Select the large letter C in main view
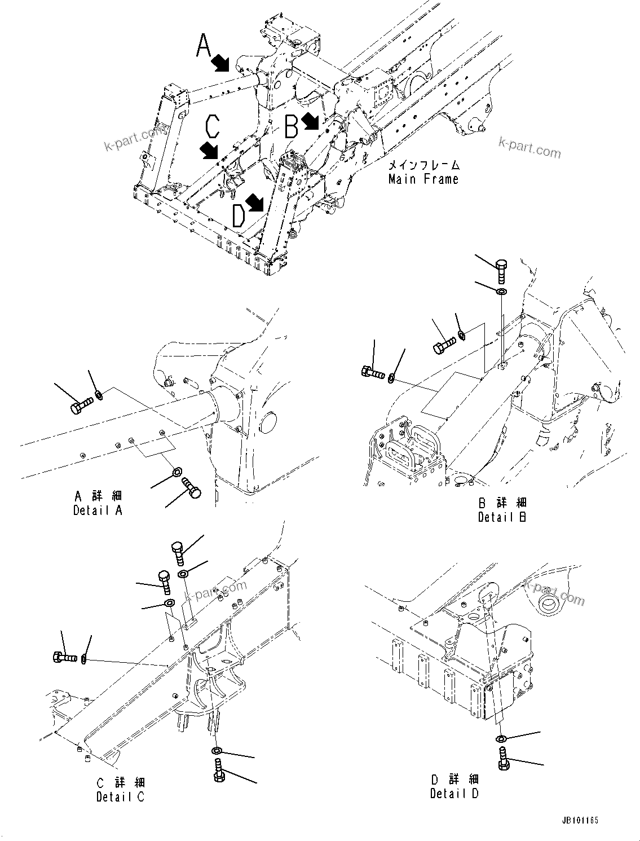[x=212, y=127]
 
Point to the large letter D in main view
[x=239, y=215]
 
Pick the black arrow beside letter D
[x=255, y=203]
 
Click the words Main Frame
[x=423, y=179]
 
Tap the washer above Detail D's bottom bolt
[x=501, y=738]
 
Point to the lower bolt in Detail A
[x=190, y=487]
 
